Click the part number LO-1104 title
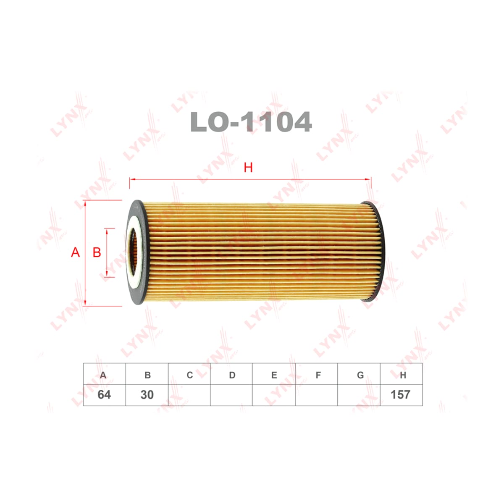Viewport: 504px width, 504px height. (251, 122)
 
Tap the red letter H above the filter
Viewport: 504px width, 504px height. (248, 168)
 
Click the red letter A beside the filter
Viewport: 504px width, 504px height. (75, 252)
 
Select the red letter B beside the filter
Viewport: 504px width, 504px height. (97, 252)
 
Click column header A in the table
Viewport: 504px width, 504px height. (103, 375)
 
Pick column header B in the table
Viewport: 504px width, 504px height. (147, 375)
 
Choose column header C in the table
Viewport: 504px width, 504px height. (189, 375)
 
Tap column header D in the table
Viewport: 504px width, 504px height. (232, 375)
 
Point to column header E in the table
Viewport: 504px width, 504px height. (274, 375)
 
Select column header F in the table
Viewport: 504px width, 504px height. (318, 375)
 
